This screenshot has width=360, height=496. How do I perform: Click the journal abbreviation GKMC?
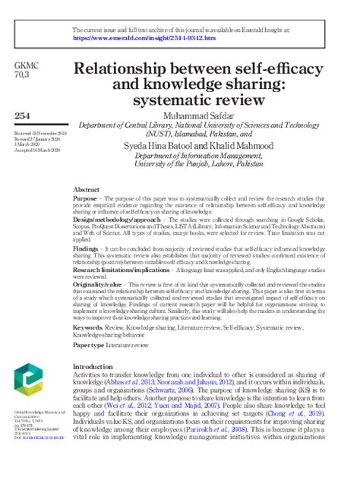click(26, 68)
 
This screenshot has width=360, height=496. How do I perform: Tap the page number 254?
click(24, 114)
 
